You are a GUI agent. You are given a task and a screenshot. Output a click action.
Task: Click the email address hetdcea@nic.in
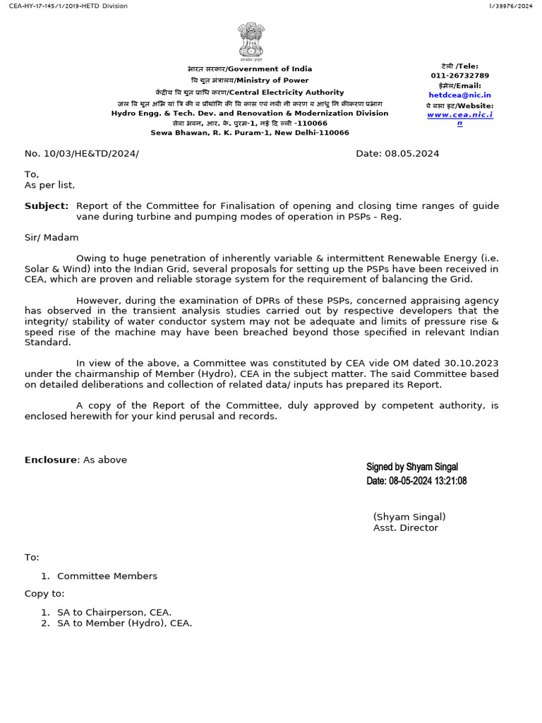coord(459,95)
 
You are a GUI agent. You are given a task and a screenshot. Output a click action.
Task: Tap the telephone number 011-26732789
coord(459,76)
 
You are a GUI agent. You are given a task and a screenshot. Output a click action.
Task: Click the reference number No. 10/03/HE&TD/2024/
coord(82,153)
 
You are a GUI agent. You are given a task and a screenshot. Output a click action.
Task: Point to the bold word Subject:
coord(47,205)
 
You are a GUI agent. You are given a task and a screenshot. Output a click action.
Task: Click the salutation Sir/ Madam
coord(52,237)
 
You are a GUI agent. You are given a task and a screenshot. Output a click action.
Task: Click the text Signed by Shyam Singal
coord(412,467)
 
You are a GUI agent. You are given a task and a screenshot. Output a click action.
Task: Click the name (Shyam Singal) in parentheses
coord(409,517)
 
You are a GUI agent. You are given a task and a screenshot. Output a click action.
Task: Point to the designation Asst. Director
coord(406,527)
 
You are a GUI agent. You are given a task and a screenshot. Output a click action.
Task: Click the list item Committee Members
coord(107,576)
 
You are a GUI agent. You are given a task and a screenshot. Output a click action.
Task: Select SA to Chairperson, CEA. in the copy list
coord(114,612)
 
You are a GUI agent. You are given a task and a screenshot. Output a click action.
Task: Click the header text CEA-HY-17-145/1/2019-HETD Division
coord(64,6)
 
